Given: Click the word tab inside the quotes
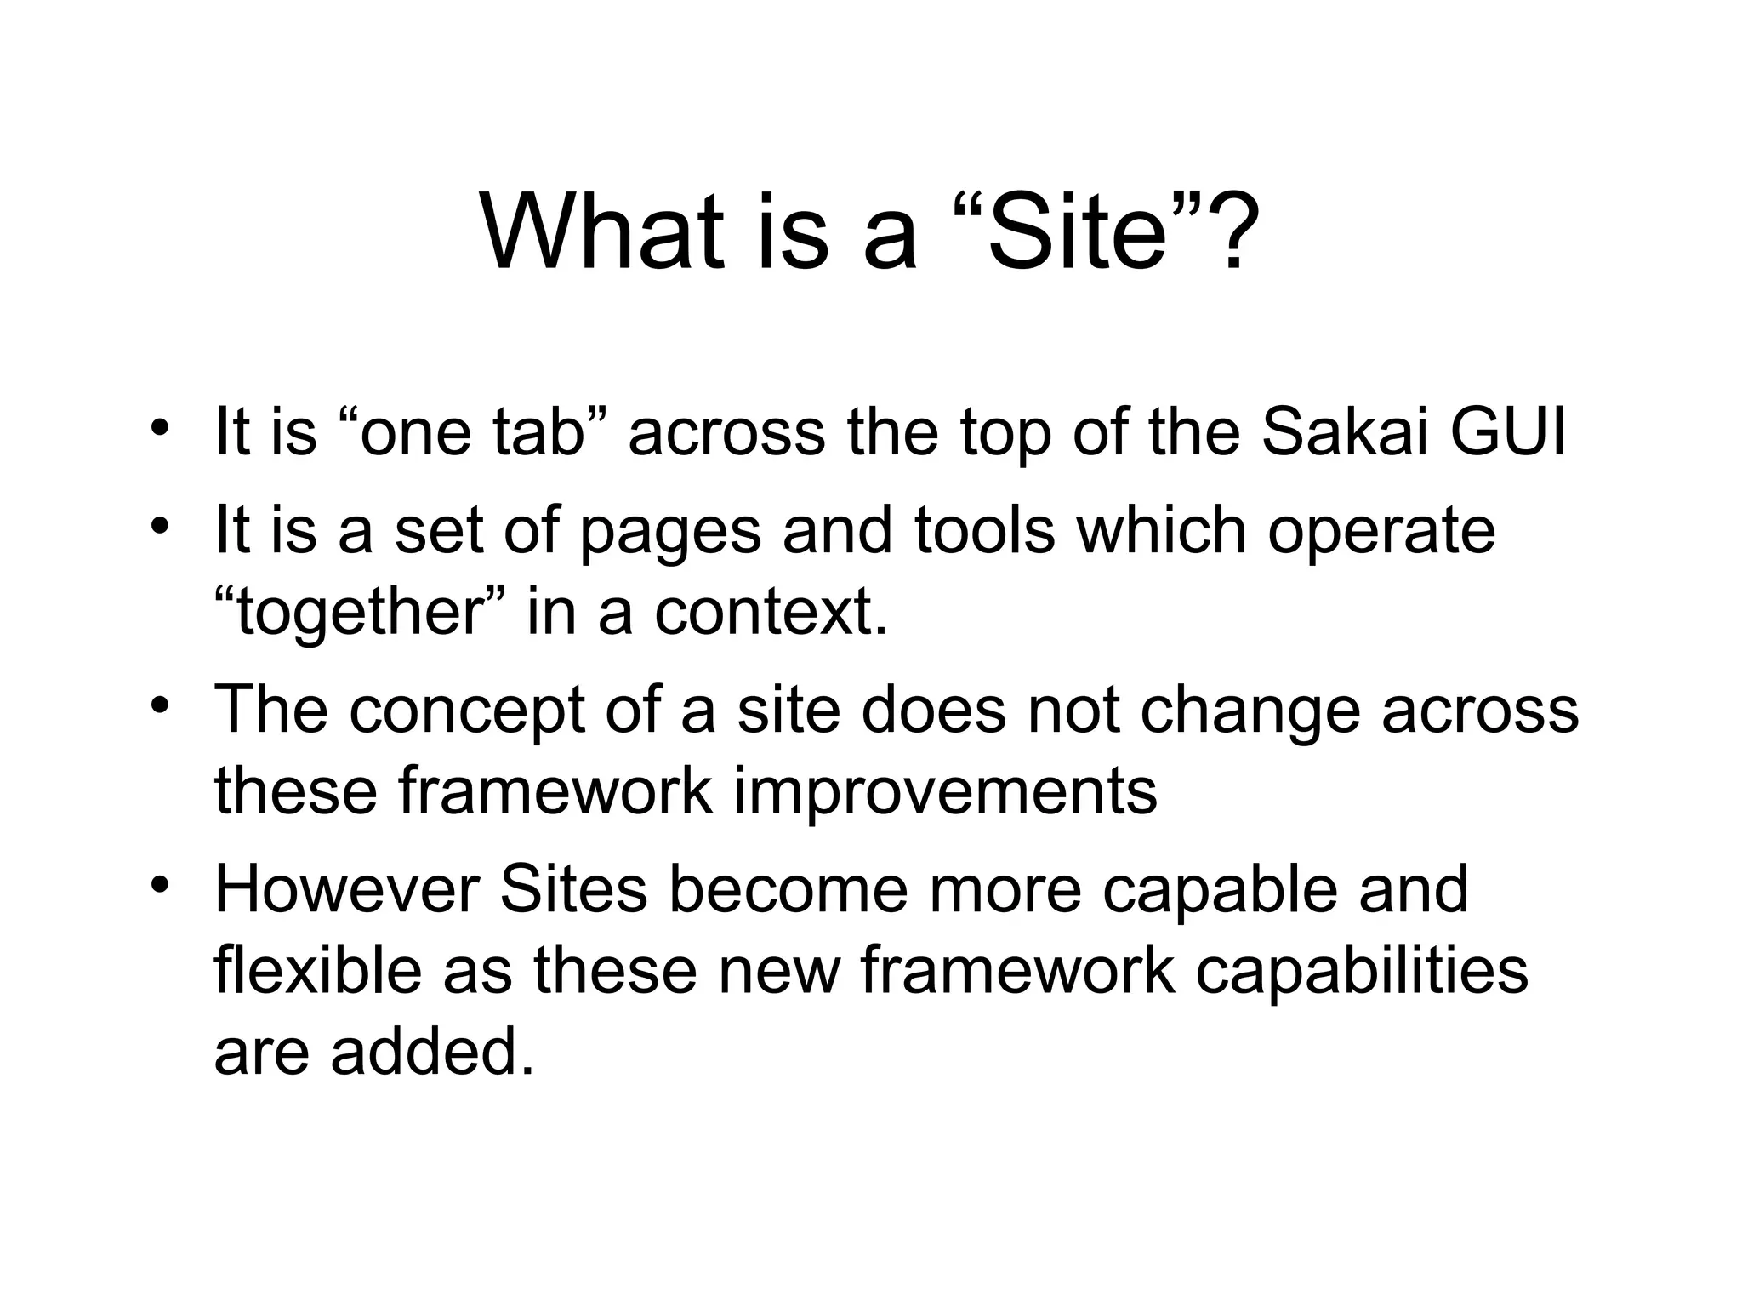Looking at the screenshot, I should [x=540, y=431].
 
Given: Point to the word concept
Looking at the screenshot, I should [x=466, y=711].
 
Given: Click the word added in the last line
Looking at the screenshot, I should [x=433, y=1050].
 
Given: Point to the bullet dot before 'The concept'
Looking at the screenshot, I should [x=157, y=707].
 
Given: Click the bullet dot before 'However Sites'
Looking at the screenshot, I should [x=157, y=886].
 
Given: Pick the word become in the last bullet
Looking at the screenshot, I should [x=788, y=890].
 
